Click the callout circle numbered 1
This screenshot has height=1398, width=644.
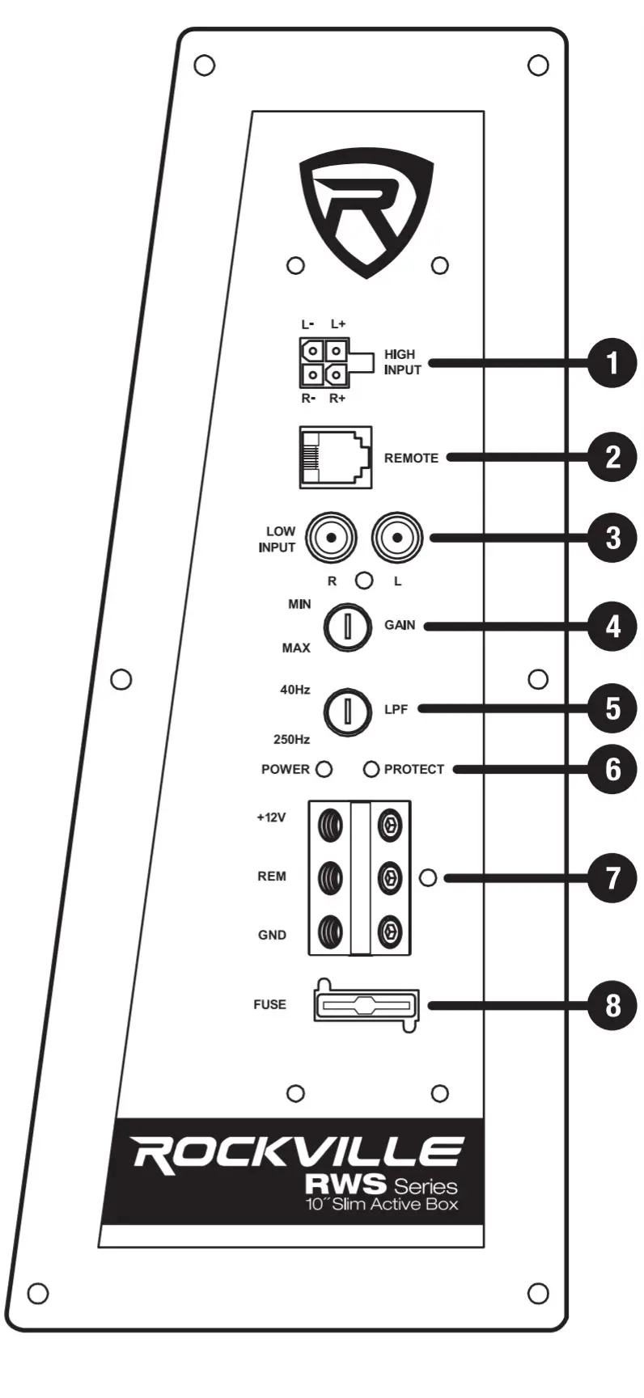612,362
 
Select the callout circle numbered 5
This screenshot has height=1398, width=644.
612,708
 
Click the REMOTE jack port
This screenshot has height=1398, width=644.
336,458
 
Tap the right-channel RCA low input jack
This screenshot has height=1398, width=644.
332,538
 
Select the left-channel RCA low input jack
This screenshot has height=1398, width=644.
396,538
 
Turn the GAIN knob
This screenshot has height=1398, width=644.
347,627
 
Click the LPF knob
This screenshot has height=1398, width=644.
347,711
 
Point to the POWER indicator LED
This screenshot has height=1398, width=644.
324,769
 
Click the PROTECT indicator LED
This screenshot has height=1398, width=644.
371,769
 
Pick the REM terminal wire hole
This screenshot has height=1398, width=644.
331,877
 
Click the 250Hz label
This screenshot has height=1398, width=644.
291,739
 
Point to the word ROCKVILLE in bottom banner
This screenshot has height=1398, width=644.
298,1153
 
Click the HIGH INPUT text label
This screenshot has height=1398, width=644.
402,362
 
